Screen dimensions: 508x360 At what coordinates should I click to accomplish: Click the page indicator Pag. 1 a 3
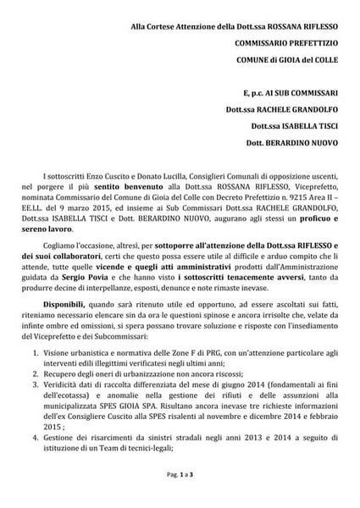(x=180, y=500)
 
